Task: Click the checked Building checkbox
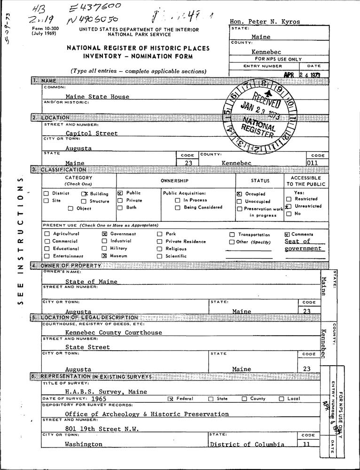85,194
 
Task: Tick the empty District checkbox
46,193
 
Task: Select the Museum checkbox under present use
105,256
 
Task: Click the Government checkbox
105,234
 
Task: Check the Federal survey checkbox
171,399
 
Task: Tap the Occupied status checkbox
240,194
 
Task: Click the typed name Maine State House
97,96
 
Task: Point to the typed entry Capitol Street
92,133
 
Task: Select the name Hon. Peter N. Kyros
265,22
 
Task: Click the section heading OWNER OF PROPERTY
70,266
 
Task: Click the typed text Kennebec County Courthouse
113,332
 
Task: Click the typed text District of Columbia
247,444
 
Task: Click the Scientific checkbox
160,256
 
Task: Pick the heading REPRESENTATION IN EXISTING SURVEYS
96,376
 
